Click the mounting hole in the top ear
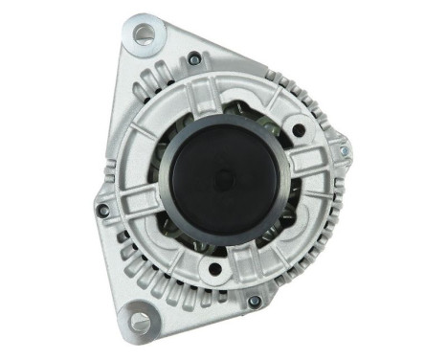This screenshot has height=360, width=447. [x=145, y=35]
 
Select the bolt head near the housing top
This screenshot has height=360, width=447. [x=194, y=59]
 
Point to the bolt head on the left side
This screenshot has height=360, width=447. [x=103, y=210]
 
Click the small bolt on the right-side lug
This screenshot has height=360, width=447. [x=342, y=151]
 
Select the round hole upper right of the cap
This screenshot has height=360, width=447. [x=299, y=130]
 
